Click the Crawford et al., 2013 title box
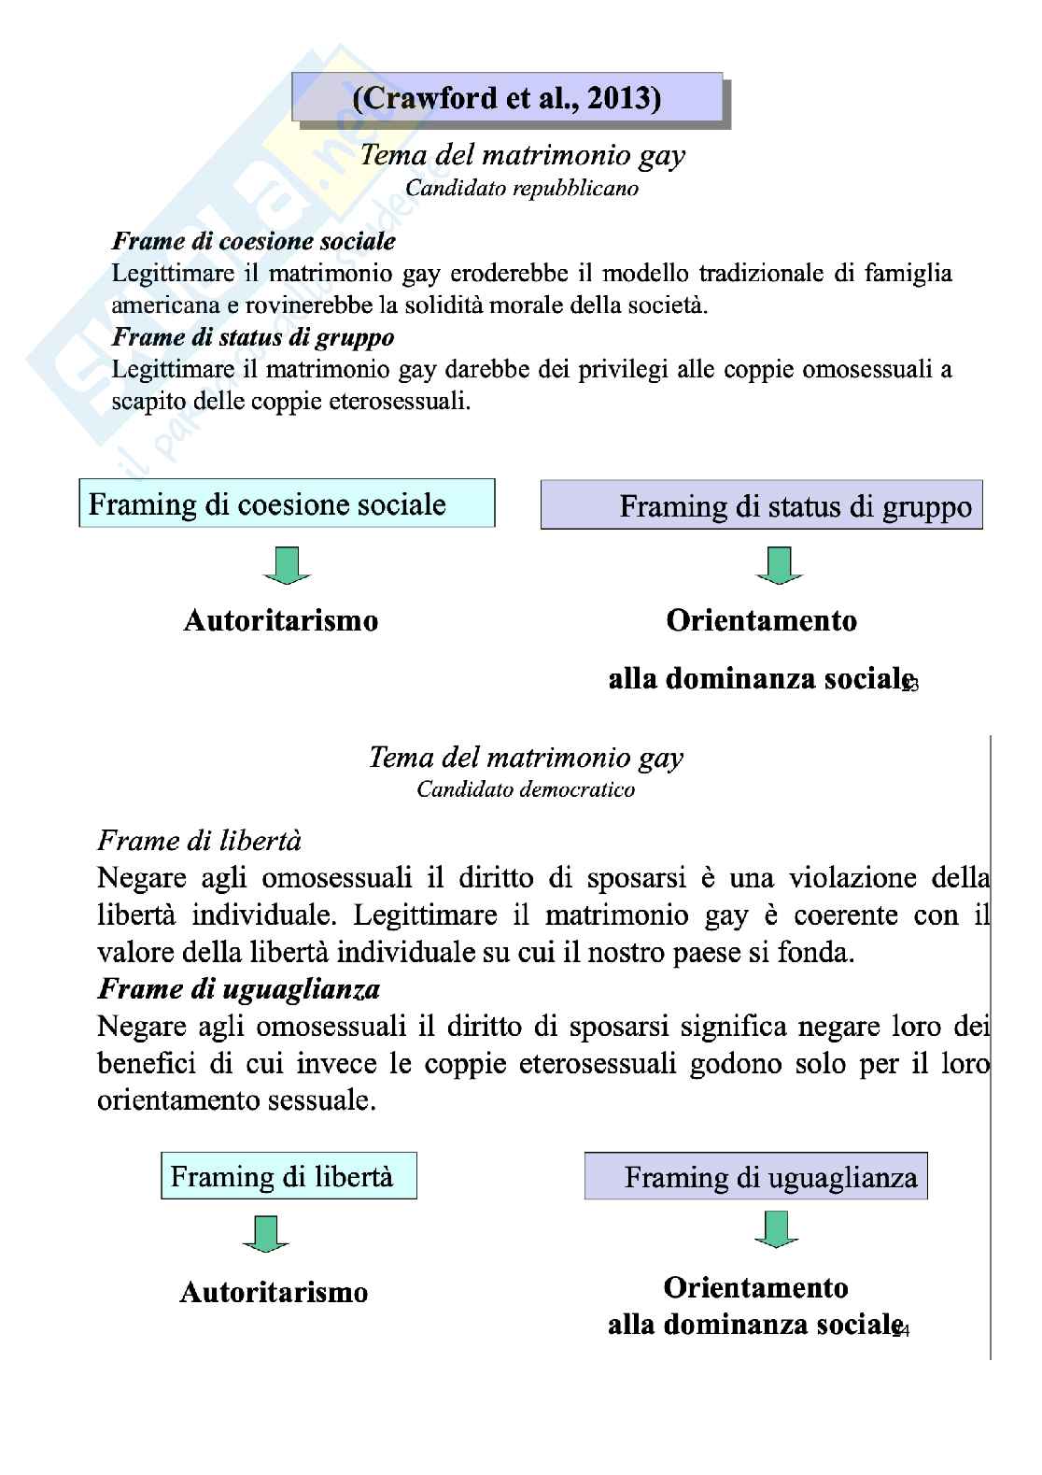pos(508,98)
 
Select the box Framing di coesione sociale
pos(287,504)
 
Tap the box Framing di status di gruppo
pos(762,506)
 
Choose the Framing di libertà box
pos(289,1176)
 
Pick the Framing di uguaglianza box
pos(756,1177)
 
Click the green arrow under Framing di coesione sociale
pos(288,566)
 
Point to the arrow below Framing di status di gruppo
pos(777,566)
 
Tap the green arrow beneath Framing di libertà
pos(266,1234)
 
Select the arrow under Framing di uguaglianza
pos(777,1229)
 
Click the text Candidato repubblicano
pos(522,188)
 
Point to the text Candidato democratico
pos(526,789)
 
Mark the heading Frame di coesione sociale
pos(253,241)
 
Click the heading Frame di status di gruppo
pos(253,336)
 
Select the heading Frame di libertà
pos(200,841)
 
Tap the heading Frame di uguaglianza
pos(239,988)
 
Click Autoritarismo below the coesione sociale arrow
pos(281,621)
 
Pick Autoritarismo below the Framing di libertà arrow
pos(274,1293)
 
